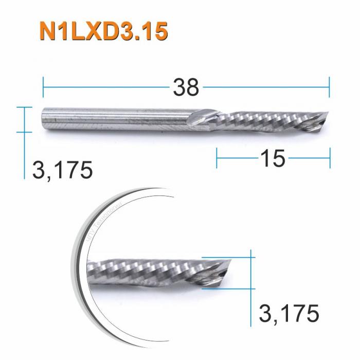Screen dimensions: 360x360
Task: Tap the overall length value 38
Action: (186, 88)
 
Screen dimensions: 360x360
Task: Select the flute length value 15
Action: (272, 159)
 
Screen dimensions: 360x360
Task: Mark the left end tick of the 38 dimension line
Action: (43, 87)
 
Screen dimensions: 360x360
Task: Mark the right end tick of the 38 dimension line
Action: (329, 87)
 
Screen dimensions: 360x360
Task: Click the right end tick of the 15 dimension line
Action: (330, 158)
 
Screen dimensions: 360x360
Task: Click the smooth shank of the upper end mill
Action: (118, 119)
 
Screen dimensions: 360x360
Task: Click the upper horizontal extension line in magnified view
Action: (226, 257)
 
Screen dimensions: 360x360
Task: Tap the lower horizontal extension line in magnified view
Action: (226, 289)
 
